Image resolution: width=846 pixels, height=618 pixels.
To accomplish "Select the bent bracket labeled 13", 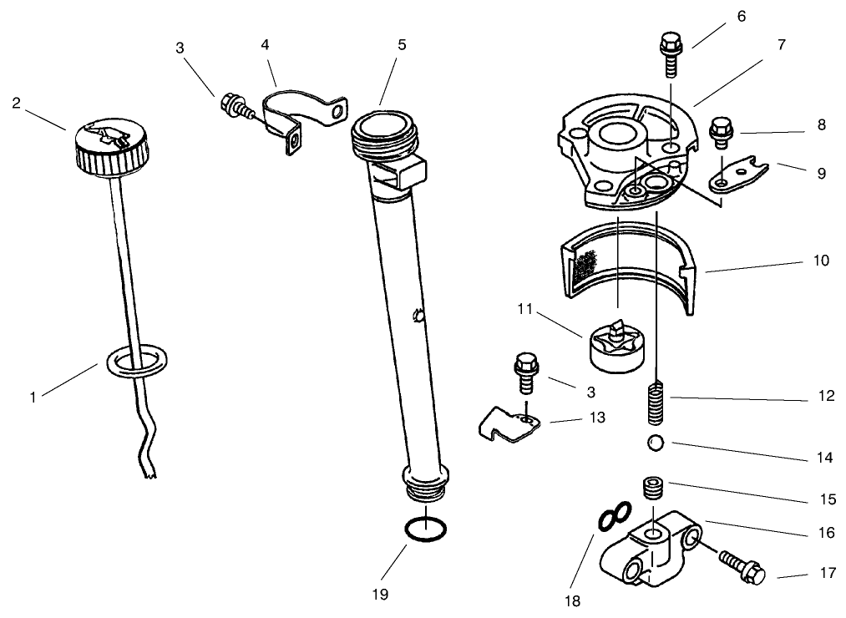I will pos(507,424).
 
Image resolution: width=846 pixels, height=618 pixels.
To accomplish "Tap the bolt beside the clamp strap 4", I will pos(234,107).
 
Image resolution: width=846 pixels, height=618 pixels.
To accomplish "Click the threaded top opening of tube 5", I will pos(381,129).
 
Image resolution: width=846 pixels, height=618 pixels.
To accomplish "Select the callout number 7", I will pos(782,45).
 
